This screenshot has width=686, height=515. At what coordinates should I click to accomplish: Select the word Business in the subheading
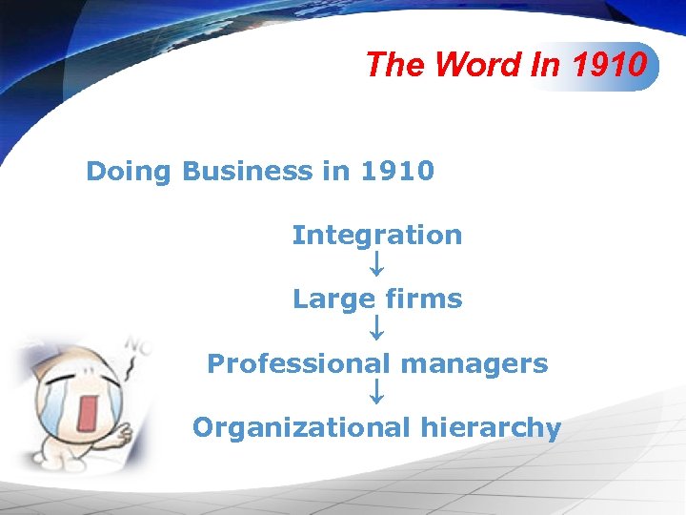click(246, 172)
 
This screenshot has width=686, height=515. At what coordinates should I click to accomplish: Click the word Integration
click(377, 235)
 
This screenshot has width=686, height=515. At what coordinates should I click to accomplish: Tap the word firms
click(424, 299)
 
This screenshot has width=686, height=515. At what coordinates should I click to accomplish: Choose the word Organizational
click(301, 428)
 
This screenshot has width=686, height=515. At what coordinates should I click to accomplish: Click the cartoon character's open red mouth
click(91, 411)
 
